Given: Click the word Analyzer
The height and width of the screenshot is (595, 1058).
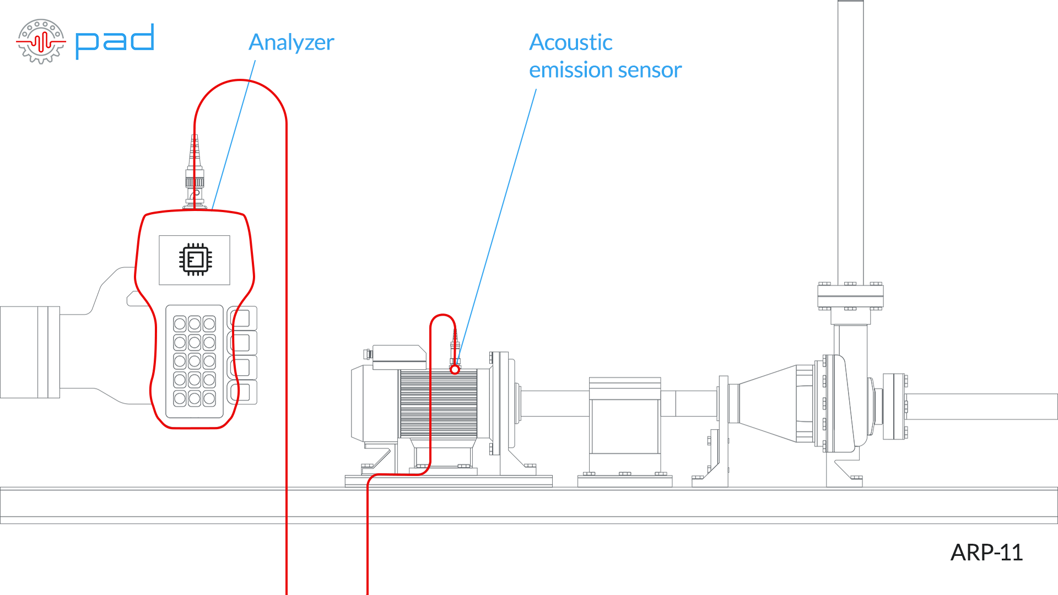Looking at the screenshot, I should pos(291,42).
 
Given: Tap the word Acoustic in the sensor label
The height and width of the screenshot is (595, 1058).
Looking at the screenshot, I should pos(570,42).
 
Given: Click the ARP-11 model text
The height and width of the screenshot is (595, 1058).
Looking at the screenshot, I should pos(986,552).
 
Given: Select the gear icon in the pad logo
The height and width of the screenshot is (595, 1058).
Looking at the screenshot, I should pos(41,41).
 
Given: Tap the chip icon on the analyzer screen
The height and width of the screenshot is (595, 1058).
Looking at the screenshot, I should pos(195,259).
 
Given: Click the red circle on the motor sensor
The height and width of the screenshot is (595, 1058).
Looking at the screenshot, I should pos(455,370).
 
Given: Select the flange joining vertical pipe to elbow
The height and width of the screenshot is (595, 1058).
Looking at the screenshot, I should pos(850,296).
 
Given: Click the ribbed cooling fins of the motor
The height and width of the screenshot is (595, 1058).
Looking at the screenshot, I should pos(438,403).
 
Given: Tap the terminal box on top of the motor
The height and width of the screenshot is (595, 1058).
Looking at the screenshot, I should pos(399,356).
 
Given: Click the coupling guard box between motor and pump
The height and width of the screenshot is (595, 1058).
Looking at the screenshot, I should pos(624,419).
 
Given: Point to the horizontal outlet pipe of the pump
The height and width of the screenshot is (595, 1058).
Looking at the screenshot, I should pos(981,407).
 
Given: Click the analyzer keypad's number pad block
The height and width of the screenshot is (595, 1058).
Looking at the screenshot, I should pos(194,361).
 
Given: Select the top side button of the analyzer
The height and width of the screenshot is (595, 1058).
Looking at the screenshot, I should pos(242,318).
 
